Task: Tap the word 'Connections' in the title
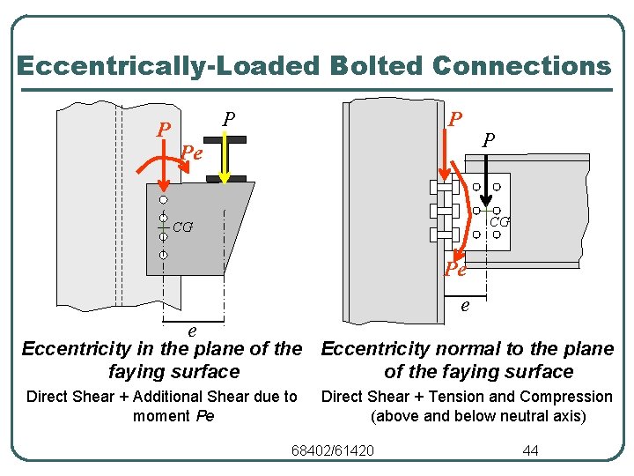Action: (x=522, y=66)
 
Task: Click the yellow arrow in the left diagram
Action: (x=225, y=159)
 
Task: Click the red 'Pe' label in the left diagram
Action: (x=191, y=153)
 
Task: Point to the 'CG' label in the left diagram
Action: (x=183, y=227)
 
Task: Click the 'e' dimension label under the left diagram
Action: (x=192, y=331)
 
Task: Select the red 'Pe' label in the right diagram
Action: (x=455, y=269)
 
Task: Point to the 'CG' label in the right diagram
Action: (x=499, y=222)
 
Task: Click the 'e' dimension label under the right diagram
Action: (x=465, y=306)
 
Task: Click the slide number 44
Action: (x=530, y=451)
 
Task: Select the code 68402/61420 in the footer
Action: (x=332, y=451)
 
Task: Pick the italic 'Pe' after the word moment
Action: (x=203, y=416)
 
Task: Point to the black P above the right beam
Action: (x=489, y=140)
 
